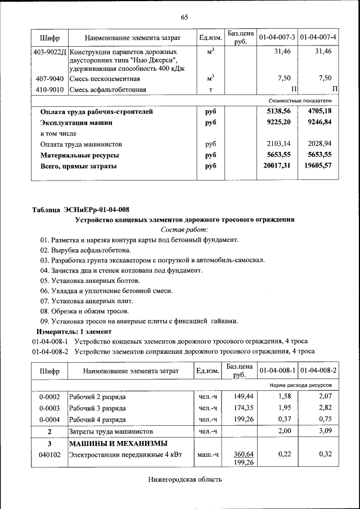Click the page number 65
(x=184, y=17)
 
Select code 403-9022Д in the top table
(x=49, y=51)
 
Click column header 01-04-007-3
(x=277, y=37)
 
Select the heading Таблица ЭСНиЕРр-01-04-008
(x=80, y=210)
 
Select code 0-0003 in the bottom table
(x=49, y=408)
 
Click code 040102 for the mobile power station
(x=49, y=454)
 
